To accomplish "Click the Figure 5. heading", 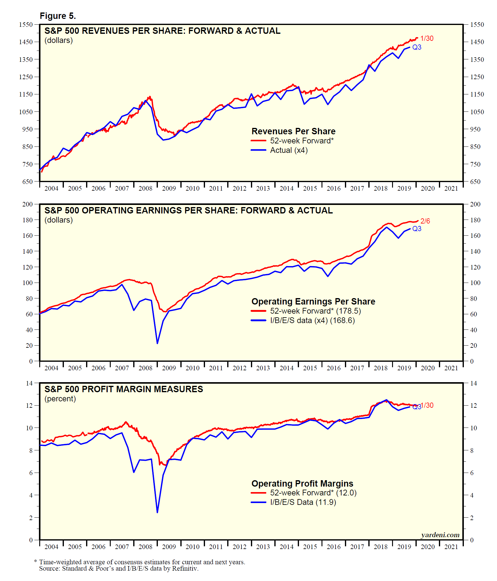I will point(58,16).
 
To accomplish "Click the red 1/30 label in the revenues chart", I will point(427,38).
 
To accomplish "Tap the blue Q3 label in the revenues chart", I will point(417,47).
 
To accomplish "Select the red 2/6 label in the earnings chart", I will point(425,221).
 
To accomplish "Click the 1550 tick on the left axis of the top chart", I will point(26,25).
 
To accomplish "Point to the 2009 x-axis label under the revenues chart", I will point(169,188).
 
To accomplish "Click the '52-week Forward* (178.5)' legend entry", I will point(315,311).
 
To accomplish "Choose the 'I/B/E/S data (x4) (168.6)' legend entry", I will point(312,320).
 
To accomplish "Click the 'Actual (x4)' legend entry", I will point(289,150).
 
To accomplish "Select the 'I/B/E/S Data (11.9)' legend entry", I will point(303,502).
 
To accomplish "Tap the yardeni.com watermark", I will point(440,535).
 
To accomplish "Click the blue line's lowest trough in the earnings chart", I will point(157,343).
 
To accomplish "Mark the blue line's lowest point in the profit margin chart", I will point(157,512).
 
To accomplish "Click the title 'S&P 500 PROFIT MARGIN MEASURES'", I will point(124,389).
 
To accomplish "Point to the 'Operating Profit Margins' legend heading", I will point(302,484).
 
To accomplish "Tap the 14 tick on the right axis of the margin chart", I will point(474,383).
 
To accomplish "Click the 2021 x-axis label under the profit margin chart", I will point(451,547).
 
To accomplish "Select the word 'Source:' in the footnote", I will point(50,569).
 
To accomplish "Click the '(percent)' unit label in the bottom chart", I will point(60,399).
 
